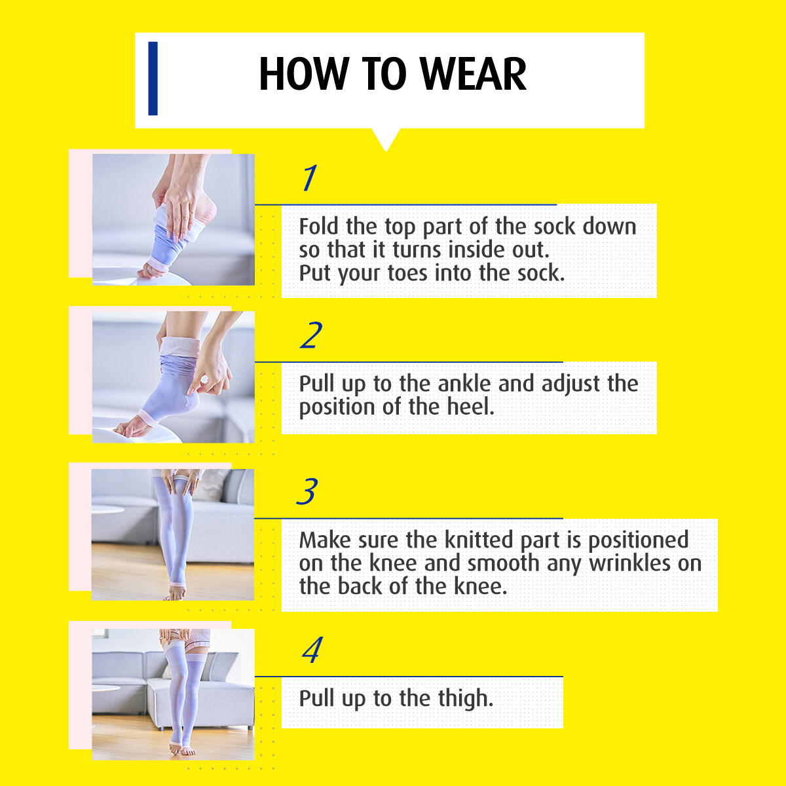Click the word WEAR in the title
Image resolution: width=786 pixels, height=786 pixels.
[473, 74]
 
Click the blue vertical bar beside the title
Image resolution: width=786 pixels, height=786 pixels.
[153, 79]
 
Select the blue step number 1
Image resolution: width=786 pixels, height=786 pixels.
[310, 178]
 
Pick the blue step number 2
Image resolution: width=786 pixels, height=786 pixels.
[311, 335]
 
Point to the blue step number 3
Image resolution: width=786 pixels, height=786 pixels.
[307, 491]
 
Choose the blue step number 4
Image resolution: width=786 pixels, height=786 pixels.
[312, 649]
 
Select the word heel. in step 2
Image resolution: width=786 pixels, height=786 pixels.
[471, 407]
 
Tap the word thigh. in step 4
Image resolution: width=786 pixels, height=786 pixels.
[466, 698]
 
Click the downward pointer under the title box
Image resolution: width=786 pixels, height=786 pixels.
[386, 140]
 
